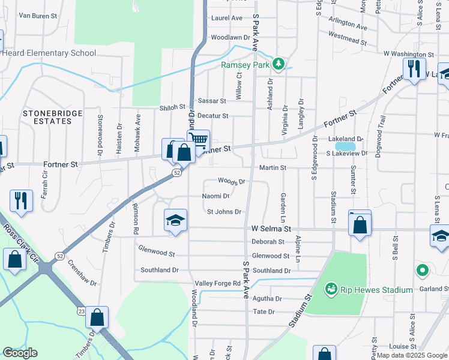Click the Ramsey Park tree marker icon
click(x=278, y=63)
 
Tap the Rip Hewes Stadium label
click(x=376, y=290)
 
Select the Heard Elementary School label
click(x=49, y=53)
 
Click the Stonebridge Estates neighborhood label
click(x=47, y=117)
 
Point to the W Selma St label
click(x=271, y=229)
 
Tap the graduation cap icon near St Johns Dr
click(x=176, y=221)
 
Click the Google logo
click(x=20, y=353)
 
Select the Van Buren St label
click(x=37, y=16)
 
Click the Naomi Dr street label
click(x=216, y=196)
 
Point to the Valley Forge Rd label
click(x=217, y=283)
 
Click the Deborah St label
click(x=268, y=242)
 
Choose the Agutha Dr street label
click(x=268, y=298)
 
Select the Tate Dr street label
click(x=264, y=312)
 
